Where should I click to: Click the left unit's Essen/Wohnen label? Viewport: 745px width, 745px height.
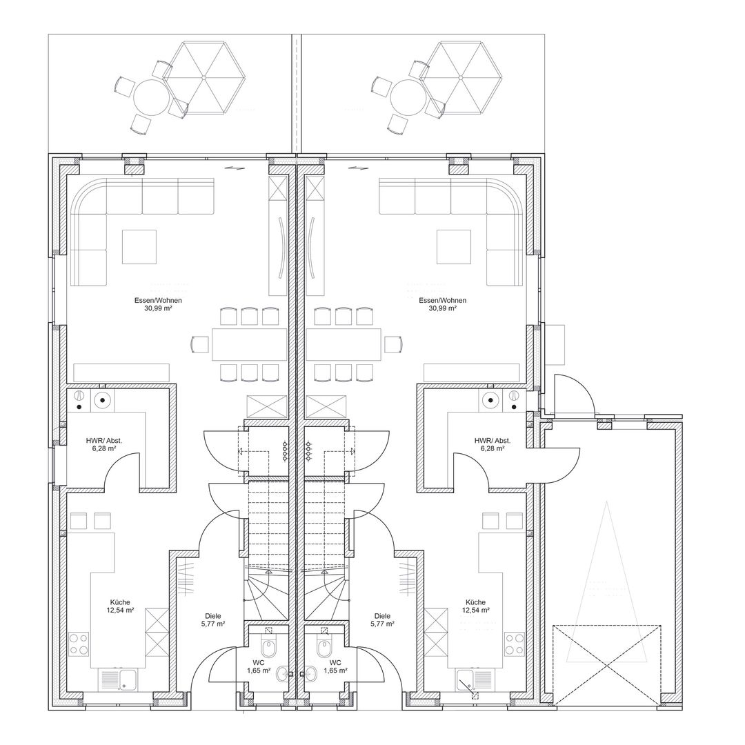158,300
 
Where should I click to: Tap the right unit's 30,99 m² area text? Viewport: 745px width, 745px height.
442,308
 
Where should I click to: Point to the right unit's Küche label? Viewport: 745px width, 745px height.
475,602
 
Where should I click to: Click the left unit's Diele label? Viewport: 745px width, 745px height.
213,616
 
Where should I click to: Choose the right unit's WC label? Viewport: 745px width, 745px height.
335,663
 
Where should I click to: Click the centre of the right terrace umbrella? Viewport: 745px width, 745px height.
460,77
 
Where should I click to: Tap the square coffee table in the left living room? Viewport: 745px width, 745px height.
139,246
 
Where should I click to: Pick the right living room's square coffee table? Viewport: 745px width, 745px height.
454,246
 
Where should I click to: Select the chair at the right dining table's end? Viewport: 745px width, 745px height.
393,344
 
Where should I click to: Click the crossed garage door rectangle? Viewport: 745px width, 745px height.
607,664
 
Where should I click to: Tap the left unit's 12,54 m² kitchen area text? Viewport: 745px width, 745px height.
120,610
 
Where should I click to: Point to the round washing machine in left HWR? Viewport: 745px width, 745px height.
103,401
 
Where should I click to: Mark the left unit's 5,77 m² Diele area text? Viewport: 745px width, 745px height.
213,624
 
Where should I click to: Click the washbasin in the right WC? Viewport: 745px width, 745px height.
310,673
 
